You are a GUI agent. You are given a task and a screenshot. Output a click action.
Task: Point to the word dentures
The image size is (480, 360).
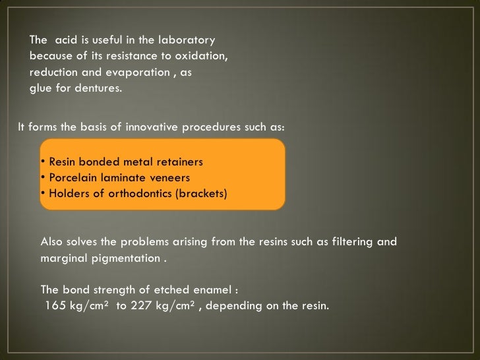coord(100,88)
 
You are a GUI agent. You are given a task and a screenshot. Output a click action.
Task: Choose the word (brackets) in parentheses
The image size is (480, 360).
coord(198,194)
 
